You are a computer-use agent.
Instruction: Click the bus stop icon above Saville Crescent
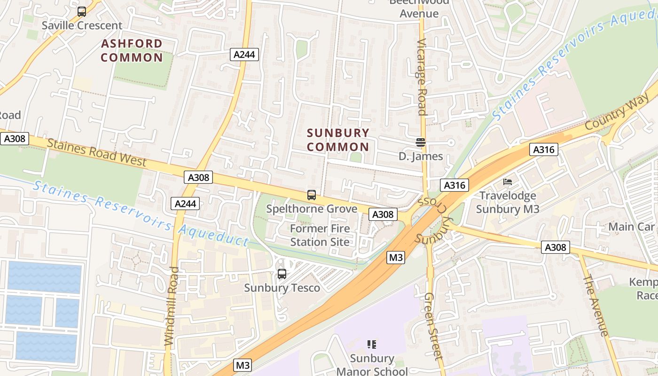(x=82, y=12)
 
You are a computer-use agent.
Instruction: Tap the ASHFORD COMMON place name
(x=132, y=51)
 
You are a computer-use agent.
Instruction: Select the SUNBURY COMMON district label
(x=338, y=140)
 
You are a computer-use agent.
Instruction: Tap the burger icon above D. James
(x=421, y=142)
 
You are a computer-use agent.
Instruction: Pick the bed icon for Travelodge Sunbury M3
(x=508, y=182)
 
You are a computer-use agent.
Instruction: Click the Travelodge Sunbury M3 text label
(x=508, y=202)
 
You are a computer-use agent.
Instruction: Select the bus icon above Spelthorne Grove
(x=311, y=195)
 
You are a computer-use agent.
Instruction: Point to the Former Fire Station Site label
(x=320, y=235)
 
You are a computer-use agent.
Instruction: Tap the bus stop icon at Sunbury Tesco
(x=282, y=274)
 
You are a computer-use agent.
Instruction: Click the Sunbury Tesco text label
(x=282, y=288)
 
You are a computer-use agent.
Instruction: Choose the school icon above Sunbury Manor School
(x=372, y=345)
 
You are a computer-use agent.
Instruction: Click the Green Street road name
(x=433, y=326)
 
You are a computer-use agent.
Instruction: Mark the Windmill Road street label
(x=172, y=306)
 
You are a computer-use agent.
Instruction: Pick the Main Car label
(x=631, y=227)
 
